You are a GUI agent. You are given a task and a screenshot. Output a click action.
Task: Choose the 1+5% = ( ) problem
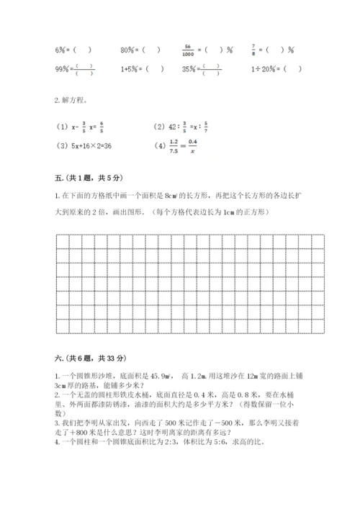pos(141,70)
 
